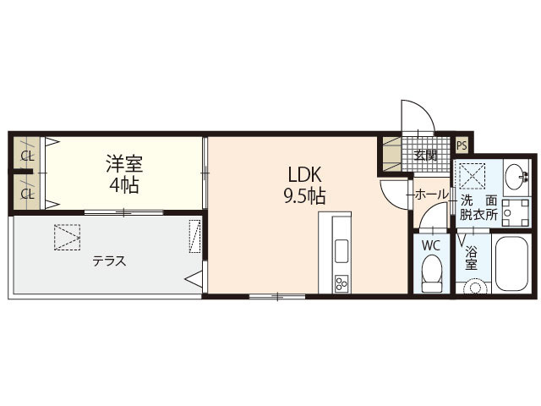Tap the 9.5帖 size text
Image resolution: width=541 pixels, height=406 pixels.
click(x=305, y=196)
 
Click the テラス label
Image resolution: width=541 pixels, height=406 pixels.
click(x=110, y=261)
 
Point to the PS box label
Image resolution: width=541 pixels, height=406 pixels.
click(x=462, y=145)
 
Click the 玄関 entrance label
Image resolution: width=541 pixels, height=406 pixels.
click(x=425, y=155)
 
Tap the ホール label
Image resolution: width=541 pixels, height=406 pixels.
click(x=431, y=195)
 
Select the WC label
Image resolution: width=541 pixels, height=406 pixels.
click(x=431, y=245)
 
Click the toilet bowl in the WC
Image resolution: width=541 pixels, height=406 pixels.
click(x=431, y=272)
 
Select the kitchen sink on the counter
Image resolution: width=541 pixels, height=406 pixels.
click(x=341, y=251)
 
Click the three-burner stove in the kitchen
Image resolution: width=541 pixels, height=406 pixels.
click(x=341, y=281)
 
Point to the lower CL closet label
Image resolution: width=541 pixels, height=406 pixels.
click(x=27, y=193)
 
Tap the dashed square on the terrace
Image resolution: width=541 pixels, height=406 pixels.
click(x=67, y=236)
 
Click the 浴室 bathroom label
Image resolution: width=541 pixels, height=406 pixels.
click(x=471, y=258)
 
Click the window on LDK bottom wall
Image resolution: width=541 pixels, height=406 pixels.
click(x=276, y=295)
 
